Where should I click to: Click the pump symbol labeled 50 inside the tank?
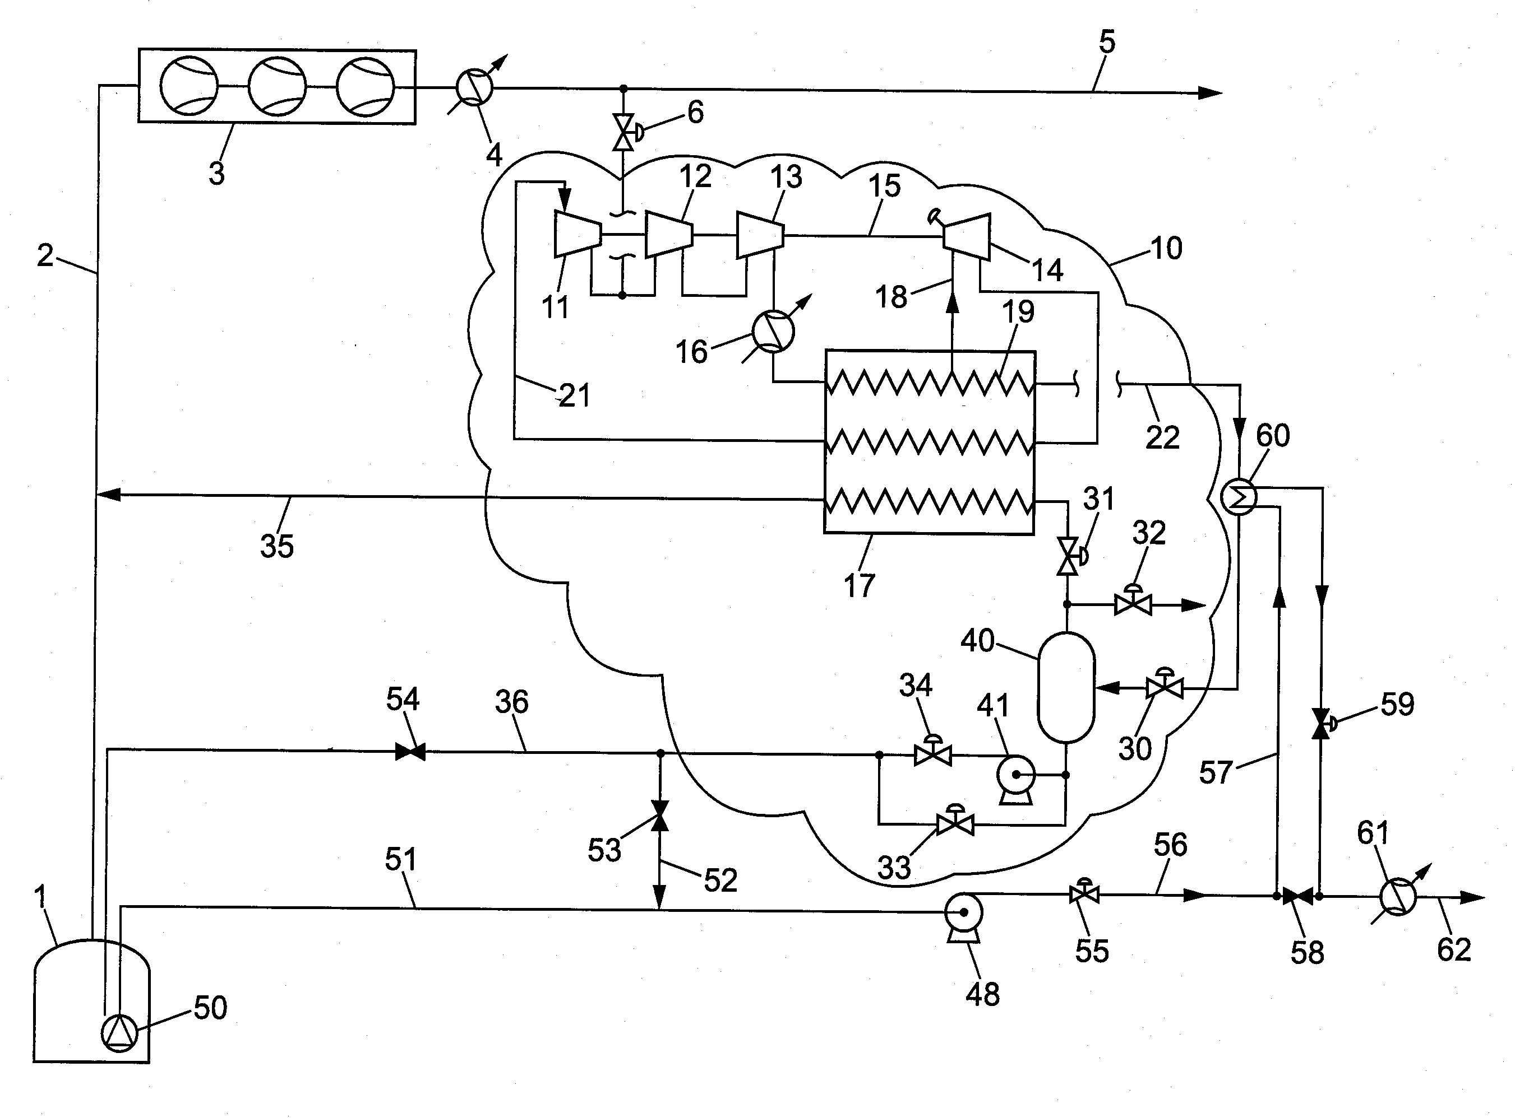click(x=119, y=1033)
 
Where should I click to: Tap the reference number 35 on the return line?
click(x=277, y=546)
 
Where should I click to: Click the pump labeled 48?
click(x=963, y=914)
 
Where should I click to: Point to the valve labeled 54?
click(x=410, y=751)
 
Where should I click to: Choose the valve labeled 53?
click(x=659, y=816)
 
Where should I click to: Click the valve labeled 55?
click(x=1084, y=895)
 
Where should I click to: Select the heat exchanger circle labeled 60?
click(x=1239, y=497)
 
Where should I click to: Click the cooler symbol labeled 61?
click(x=1398, y=897)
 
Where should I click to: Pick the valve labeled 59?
click(x=1320, y=724)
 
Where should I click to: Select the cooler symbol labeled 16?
click(x=773, y=332)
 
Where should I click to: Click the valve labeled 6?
click(x=622, y=131)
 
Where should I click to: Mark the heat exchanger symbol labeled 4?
click(x=474, y=88)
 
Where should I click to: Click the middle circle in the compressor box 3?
click(x=277, y=87)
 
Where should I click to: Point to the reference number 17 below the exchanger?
click(x=859, y=585)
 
